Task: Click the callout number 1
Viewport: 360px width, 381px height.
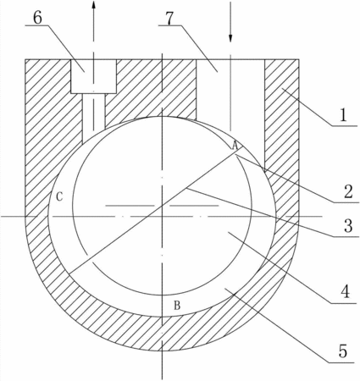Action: (343, 115)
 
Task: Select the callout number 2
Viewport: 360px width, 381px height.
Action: (347, 191)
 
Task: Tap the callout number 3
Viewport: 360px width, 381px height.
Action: (348, 226)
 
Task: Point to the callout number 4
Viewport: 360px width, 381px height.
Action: (346, 291)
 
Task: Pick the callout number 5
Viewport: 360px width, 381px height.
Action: (342, 351)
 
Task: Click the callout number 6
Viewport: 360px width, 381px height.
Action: (37, 18)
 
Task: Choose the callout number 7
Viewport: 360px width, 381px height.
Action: (169, 18)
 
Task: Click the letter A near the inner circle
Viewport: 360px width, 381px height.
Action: (235, 146)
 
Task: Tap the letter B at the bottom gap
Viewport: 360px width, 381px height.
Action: (177, 305)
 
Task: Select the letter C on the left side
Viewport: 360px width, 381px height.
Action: (59, 196)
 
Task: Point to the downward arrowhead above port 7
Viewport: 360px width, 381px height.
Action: (230, 38)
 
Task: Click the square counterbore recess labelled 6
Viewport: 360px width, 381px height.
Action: (93, 76)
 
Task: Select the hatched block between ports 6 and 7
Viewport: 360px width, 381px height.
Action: (156, 91)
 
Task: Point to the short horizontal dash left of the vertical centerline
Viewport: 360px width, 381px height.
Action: (130, 206)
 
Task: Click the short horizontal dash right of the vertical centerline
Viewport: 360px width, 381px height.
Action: (194, 206)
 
